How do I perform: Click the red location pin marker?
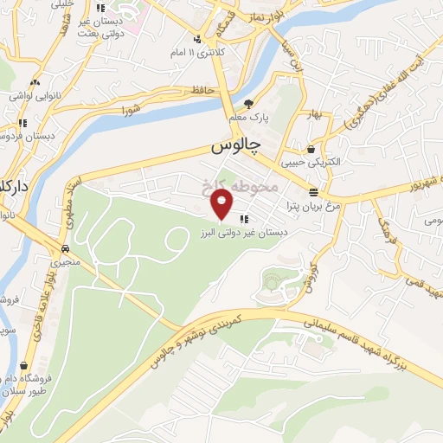pyautogui.click(x=223, y=204)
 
